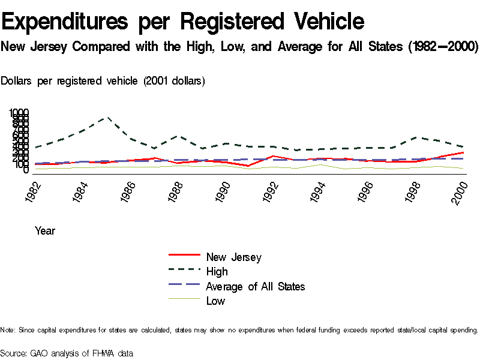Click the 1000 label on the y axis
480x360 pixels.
pos(19,113)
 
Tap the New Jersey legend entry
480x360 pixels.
pos(233,257)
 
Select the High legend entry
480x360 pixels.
pos(217,272)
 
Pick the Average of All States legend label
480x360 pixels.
pos(255,287)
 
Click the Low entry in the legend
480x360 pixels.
pos(215,301)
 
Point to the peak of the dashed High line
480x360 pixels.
pos(107,118)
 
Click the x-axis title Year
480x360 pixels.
pos(45,230)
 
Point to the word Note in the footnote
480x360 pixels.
pos(7,330)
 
